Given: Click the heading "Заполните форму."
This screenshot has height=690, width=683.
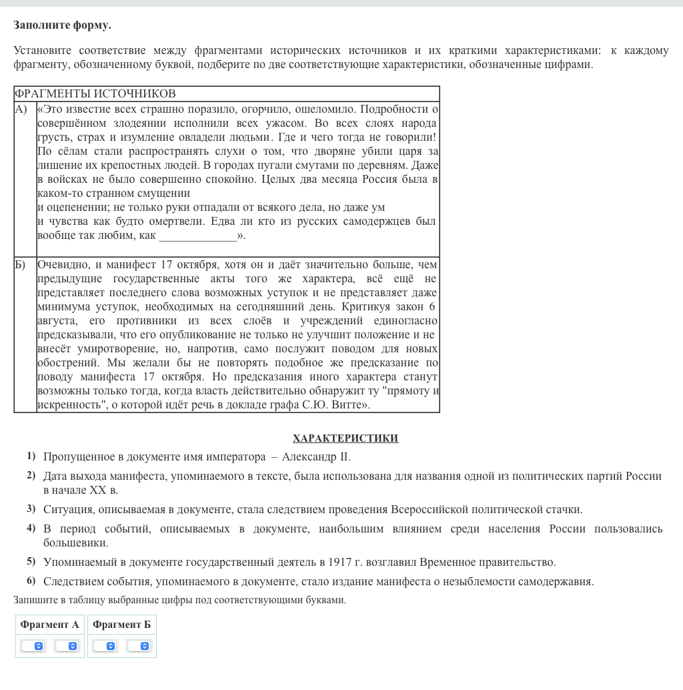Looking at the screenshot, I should click(x=62, y=25).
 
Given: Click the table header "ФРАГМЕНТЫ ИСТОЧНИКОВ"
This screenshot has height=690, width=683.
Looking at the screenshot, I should click(x=95, y=93).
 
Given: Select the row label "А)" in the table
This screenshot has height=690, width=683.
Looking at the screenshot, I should click(x=21, y=109).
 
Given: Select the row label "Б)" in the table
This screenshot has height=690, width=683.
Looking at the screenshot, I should click(x=20, y=265).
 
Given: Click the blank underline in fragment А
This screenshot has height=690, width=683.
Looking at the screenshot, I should click(x=197, y=236).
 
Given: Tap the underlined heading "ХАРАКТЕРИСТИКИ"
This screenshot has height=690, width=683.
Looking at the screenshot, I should click(x=345, y=438).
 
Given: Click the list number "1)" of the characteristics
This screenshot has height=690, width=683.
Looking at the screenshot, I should click(x=31, y=456).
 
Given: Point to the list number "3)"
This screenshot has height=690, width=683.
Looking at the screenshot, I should click(x=31, y=509).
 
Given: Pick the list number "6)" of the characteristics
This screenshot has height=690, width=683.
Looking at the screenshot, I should click(x=31, y=581).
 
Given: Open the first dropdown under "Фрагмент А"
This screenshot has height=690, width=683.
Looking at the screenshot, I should click(x=33, y=646).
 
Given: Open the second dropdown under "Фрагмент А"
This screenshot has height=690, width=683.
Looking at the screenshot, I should click(x=67, y=646).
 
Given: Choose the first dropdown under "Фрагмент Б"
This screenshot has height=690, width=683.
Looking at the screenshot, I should click(x=105, y=646).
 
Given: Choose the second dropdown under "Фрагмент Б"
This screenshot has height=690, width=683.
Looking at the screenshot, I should click(x=139, y=646).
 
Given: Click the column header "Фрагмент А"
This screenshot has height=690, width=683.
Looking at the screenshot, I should click(x=49, y=625).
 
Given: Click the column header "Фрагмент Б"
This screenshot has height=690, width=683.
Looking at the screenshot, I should click(x=121, y=625).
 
